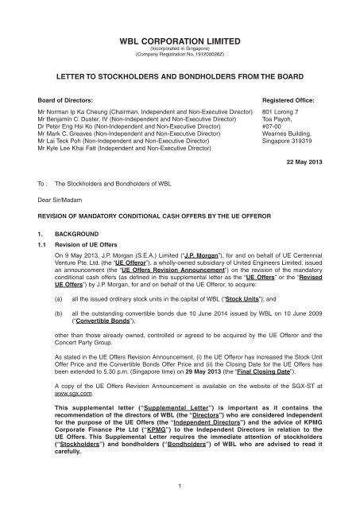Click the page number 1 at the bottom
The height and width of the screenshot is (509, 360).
tap(180, 487)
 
